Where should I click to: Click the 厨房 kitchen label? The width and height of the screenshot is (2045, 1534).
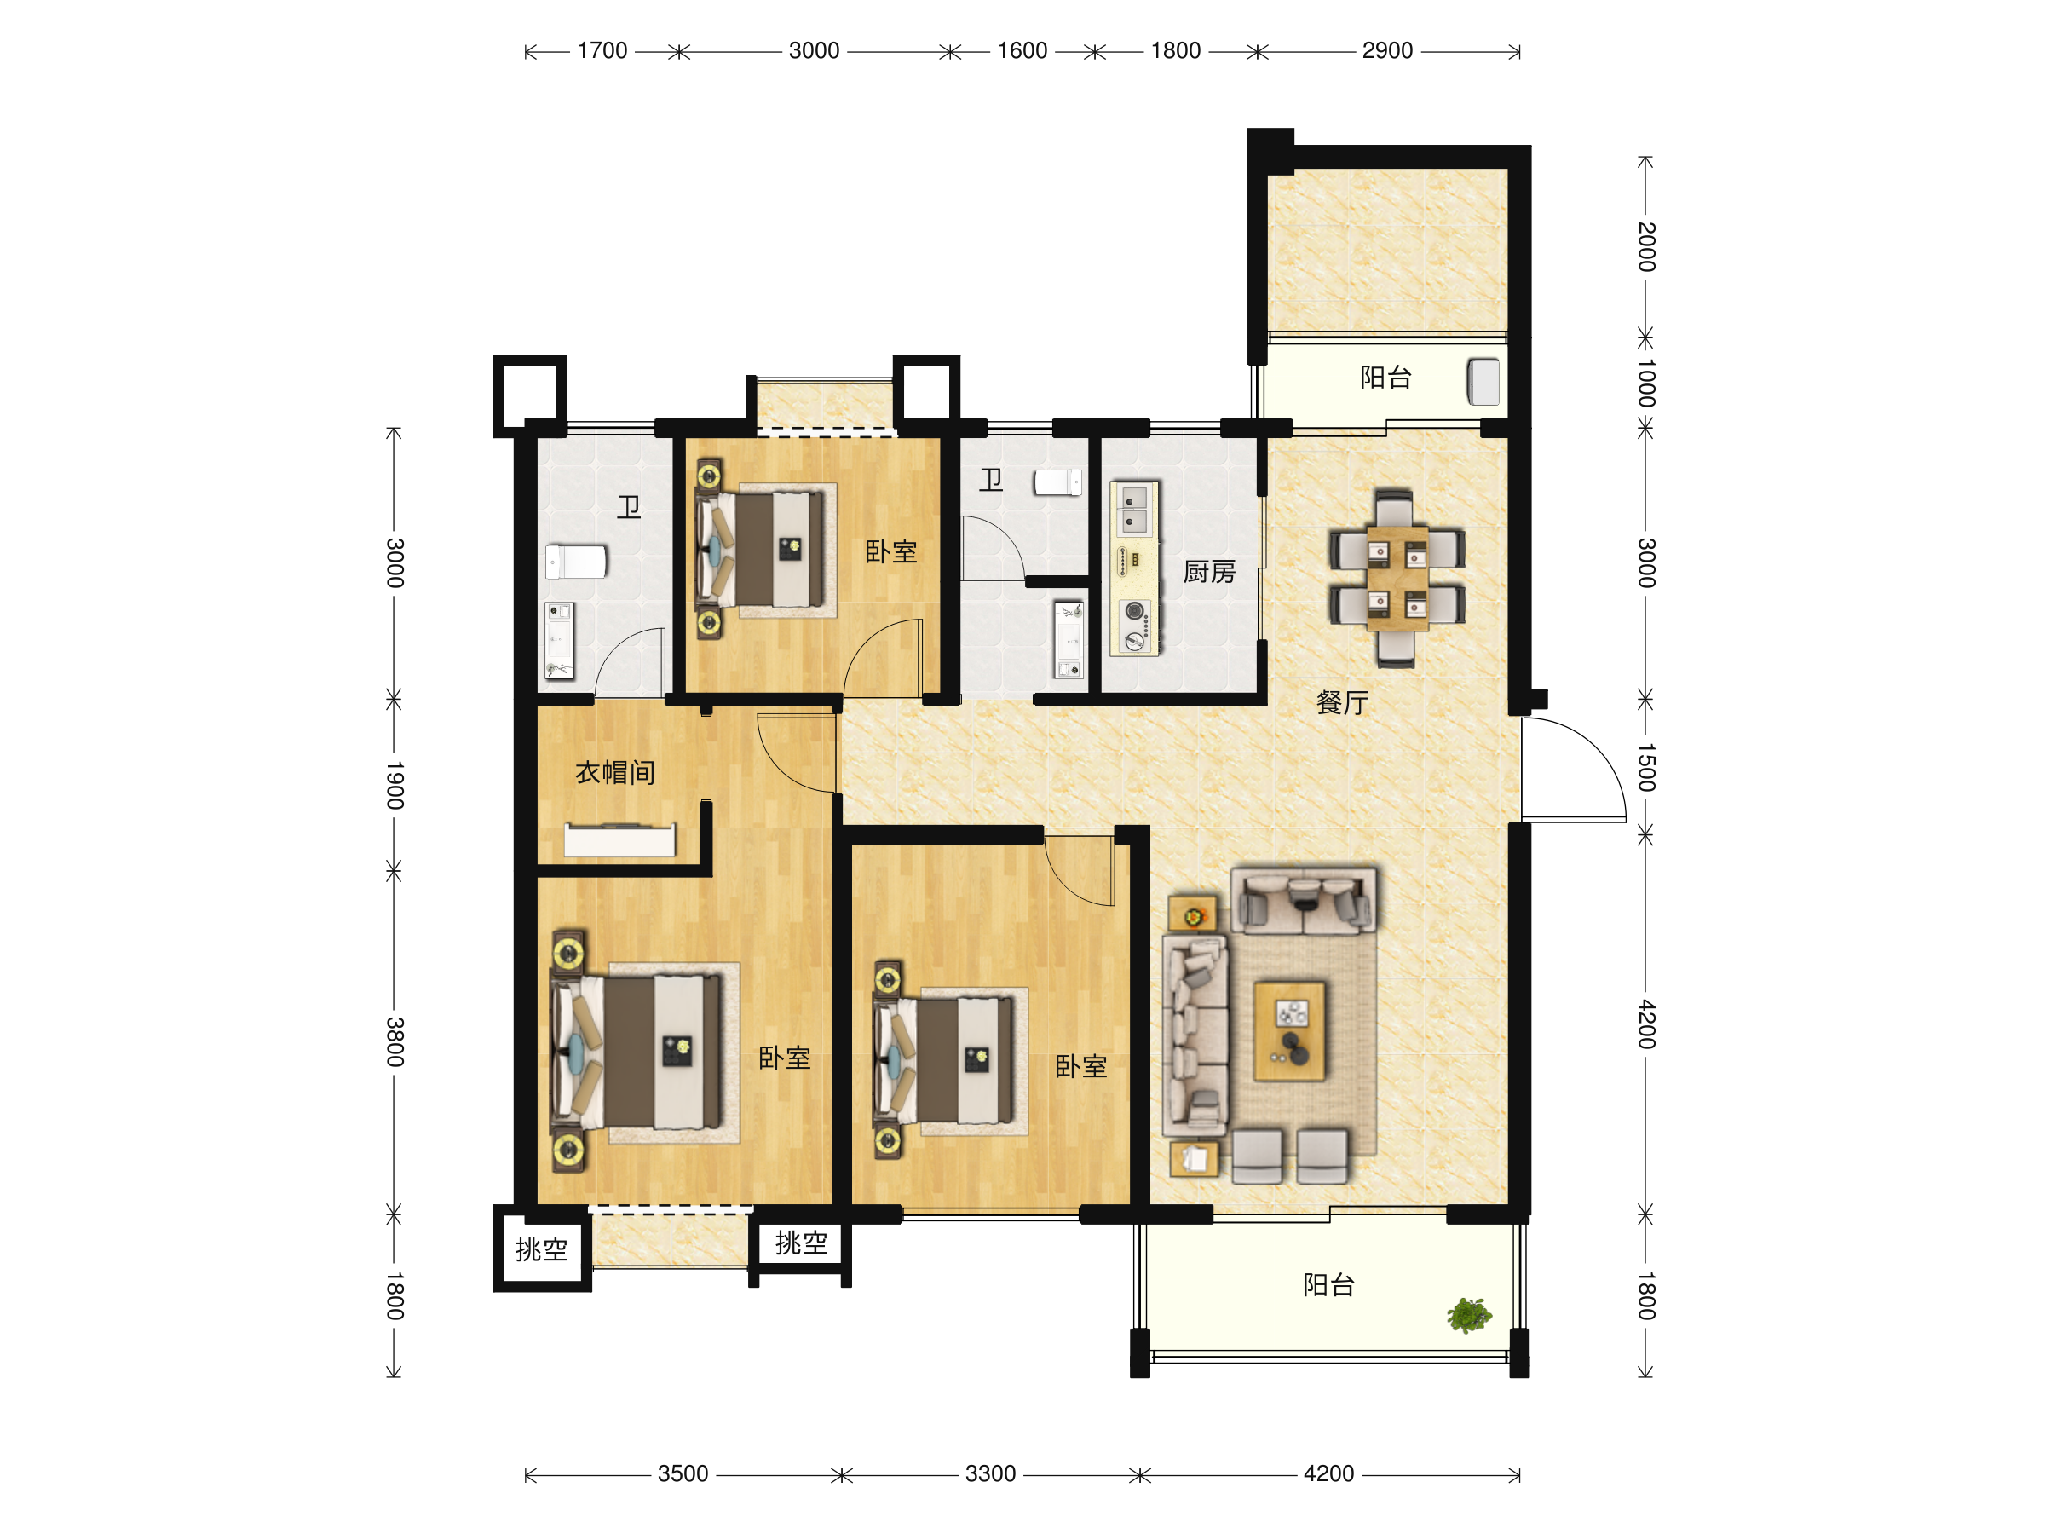[1209, 573]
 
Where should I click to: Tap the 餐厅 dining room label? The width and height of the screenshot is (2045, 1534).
[1342, 703]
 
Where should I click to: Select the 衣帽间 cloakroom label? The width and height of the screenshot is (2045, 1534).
[615, 772]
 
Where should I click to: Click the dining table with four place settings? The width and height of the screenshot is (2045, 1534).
[1397, 578]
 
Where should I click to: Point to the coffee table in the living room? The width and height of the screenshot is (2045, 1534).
[1290, 1031]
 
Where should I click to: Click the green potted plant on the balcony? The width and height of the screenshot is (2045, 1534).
[1469, 1314]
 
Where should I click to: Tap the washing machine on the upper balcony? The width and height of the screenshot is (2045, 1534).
[1483, 382]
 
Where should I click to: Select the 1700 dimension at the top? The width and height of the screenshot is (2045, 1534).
[602, 51]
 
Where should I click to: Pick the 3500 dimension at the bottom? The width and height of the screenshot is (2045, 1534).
[683, 1473]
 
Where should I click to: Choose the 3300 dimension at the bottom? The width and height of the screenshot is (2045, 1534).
[990, 1473]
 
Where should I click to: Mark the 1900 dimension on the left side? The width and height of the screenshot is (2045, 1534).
[395, 785]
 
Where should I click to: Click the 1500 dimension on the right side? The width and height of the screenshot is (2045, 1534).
[1646, 768]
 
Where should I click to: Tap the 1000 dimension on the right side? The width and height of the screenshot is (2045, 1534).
[1646, 383]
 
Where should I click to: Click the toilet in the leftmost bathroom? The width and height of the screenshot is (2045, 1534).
[575, 562]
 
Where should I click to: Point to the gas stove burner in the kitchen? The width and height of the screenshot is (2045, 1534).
[1134, 610]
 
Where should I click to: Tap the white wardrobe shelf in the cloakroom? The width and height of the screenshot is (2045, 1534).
[619, 839]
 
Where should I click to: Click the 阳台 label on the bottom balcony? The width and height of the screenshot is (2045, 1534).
[1328, 1284]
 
